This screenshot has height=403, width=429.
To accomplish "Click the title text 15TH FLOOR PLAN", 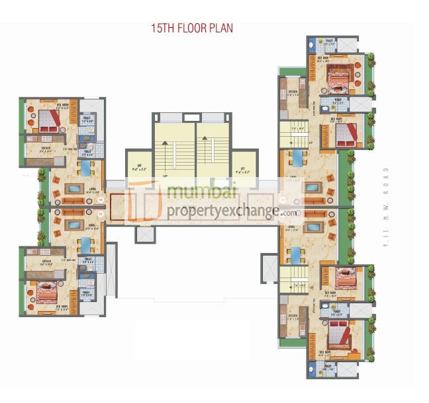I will [192, 28].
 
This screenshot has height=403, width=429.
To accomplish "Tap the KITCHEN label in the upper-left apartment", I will [46, 147].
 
